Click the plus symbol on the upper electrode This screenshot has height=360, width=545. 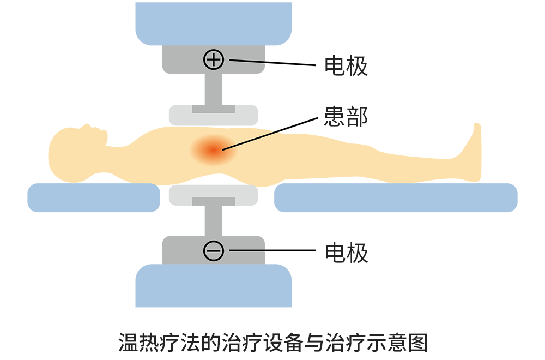(214, 59)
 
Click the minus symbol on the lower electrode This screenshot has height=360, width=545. (214, 250)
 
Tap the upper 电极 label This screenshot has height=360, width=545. (346, 66)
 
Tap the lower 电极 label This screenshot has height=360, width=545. (346, 253)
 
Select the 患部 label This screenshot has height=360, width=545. (346, 117)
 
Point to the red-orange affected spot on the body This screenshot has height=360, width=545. (213, 150)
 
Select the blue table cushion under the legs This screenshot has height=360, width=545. (396, 197)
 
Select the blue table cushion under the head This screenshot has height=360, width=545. (94, 197)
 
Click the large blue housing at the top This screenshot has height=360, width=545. (214, 23)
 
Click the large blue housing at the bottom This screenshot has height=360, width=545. (214, 286)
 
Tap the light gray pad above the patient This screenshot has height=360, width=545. (214, 115)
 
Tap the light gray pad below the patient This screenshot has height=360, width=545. (214, 195)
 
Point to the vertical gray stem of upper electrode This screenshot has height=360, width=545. (214, 89)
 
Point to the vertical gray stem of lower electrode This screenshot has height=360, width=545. (214, 220)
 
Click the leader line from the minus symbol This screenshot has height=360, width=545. (272, 250)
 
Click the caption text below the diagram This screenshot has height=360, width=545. (273, 343)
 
